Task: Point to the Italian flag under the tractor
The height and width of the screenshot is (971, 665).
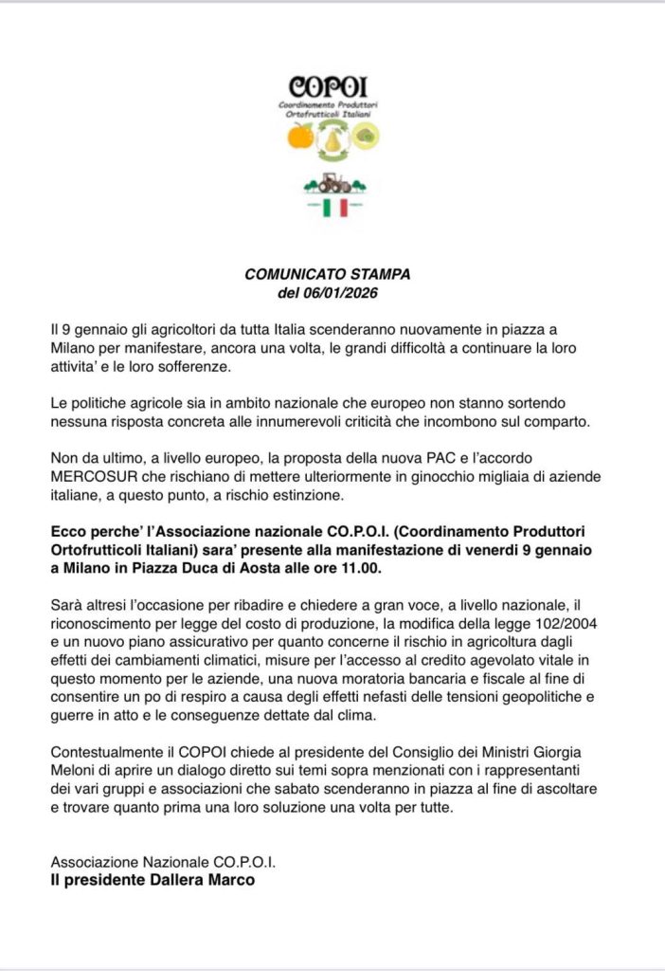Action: [x=333, y=207]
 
